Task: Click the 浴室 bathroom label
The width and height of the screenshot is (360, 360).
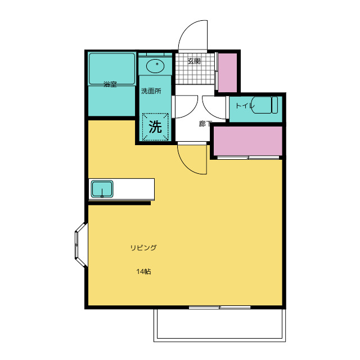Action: pos(110,84)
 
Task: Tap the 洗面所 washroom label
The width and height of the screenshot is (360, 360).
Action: pos(151,91)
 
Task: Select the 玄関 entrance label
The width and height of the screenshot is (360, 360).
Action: pos(194,61)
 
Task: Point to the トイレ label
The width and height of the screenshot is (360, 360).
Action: pos(245,106)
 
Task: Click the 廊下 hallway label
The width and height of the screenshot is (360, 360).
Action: pos(205,124)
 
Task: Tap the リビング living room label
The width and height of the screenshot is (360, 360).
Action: pos(143,247)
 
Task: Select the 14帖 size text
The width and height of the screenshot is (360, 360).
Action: pos(144,272)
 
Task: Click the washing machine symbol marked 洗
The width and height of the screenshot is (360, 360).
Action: pos(155,127)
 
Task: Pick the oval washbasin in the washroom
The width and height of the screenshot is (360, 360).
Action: pos(155,66)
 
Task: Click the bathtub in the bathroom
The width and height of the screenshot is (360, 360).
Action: pos(112,69)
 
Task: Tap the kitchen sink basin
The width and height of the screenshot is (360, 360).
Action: pos(102,189)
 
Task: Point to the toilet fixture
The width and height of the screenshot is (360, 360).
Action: pos(265,105)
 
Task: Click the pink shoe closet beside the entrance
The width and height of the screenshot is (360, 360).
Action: pos(227,73)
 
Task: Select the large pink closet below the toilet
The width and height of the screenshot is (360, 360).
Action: pos(248,141)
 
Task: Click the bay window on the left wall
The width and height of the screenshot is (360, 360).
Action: pos(81,245)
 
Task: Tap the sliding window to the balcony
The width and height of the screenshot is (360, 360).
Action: pos(219,308)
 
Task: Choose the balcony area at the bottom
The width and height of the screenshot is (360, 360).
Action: pos(220,325)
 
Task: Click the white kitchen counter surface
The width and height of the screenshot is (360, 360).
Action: pos(134,189)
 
